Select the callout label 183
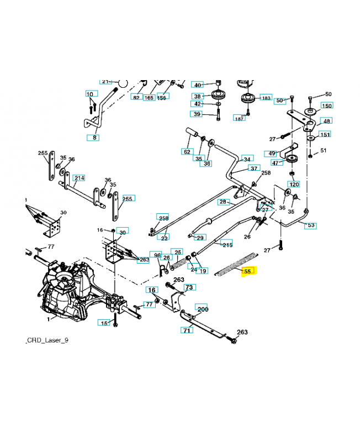pos(266,98)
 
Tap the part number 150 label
pos(326,106)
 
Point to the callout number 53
pos(310,225)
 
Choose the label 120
pos(294,184)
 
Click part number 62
pos(187,151)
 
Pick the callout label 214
pos(80,178)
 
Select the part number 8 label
pos(94,136)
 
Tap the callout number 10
pos(89,94)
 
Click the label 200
pos(202,309)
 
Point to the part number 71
pos(187,330)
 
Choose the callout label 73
pos(189,287)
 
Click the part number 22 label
pos(164,238)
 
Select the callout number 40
pos(197,85)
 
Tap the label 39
pos(197,114)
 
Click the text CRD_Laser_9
pos(47,340)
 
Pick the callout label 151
pos(325,134)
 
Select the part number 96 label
pos(157,255)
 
